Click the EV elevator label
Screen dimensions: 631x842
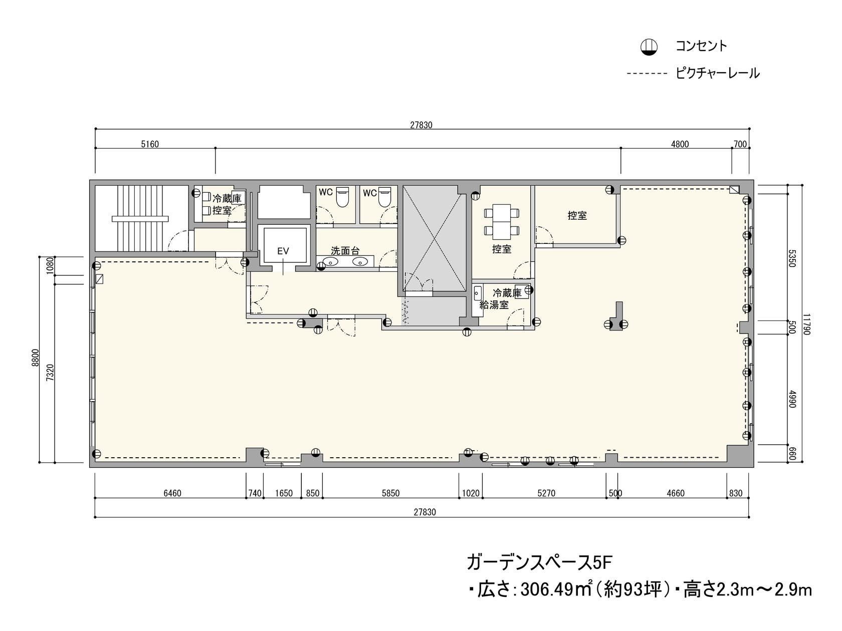(x=283, y=251)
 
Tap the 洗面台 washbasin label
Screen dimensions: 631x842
(x=345, y=251)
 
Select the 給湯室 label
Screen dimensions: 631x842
(x=494, y=304)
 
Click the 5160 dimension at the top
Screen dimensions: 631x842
(x=150, y=144)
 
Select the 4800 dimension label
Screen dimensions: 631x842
(x=680, y=144)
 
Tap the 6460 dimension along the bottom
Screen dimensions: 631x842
(x=172, y=493)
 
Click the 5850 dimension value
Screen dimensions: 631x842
(x=390, y=493)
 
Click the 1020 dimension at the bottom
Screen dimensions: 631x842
(x=471, y=493)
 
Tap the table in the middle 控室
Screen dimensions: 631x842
(x=501, y=221)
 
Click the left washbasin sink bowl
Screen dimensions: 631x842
(x=330, y=261)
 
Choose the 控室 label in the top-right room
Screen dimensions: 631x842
(x=577, y=215)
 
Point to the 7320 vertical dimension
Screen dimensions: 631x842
(x=50, y=373)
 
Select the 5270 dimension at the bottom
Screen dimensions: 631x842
(x=546, y=493)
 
